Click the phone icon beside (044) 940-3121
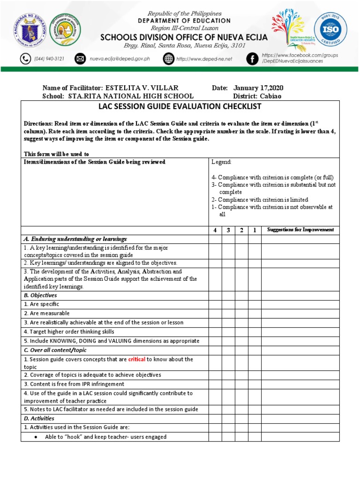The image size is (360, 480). coord(25,59)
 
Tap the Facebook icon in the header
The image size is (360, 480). coord(252,59)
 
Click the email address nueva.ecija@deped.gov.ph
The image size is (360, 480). coord(120,59)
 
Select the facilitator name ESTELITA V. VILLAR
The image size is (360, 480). coord(142,88)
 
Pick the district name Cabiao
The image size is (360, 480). coord(270,96)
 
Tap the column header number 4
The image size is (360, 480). coord(215,230)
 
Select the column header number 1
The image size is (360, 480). coord(255,230)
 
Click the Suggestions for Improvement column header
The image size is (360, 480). coord(300,230)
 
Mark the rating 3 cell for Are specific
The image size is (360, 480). coord(228,304)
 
